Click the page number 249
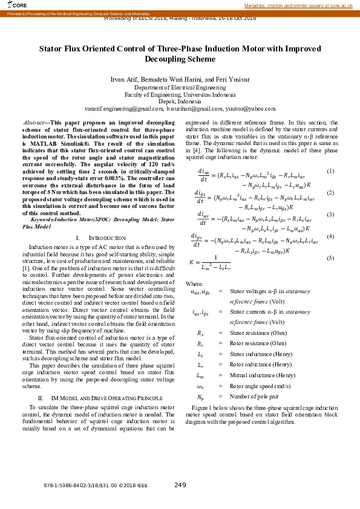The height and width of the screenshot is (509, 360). (x=180, y=485)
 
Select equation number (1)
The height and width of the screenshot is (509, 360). (x=330, y=171)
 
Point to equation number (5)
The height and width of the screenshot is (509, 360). (x=330, y=258)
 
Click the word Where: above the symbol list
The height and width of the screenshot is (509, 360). (x=194, y=284)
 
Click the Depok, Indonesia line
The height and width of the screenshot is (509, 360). (x=180, y=102)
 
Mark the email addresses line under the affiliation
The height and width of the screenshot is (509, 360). (x=180, y=108)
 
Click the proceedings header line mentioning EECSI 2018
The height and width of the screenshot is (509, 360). (x=180, y=18)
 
